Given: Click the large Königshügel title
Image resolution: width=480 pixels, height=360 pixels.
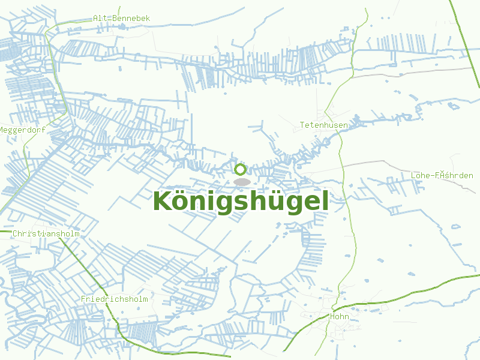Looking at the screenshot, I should coord(241,202).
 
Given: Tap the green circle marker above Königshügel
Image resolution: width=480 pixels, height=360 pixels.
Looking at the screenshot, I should coord(240,169).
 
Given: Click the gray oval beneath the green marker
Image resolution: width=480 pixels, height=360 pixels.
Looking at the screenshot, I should coord(242,181).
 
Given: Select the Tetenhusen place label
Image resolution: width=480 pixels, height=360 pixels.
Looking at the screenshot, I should coord(324,125).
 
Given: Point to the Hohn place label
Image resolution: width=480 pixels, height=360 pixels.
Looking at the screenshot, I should coord(340,316).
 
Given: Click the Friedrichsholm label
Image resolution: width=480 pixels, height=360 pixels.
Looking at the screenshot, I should coord(114,299).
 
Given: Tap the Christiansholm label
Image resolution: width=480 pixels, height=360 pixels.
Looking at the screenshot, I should coord(46,233).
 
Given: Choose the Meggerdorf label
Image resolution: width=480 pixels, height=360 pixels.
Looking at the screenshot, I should coord(22,130).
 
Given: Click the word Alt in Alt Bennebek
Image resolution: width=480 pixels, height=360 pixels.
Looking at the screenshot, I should coord(100,19).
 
